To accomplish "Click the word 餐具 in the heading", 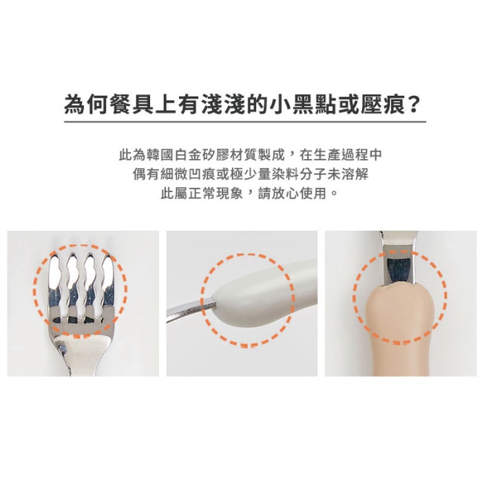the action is (x=132, y=105).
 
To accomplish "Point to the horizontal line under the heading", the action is (x=245, y=122).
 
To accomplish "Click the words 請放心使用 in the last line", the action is (x=292, y=193).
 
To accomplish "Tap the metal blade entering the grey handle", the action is (x=191, y=309).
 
